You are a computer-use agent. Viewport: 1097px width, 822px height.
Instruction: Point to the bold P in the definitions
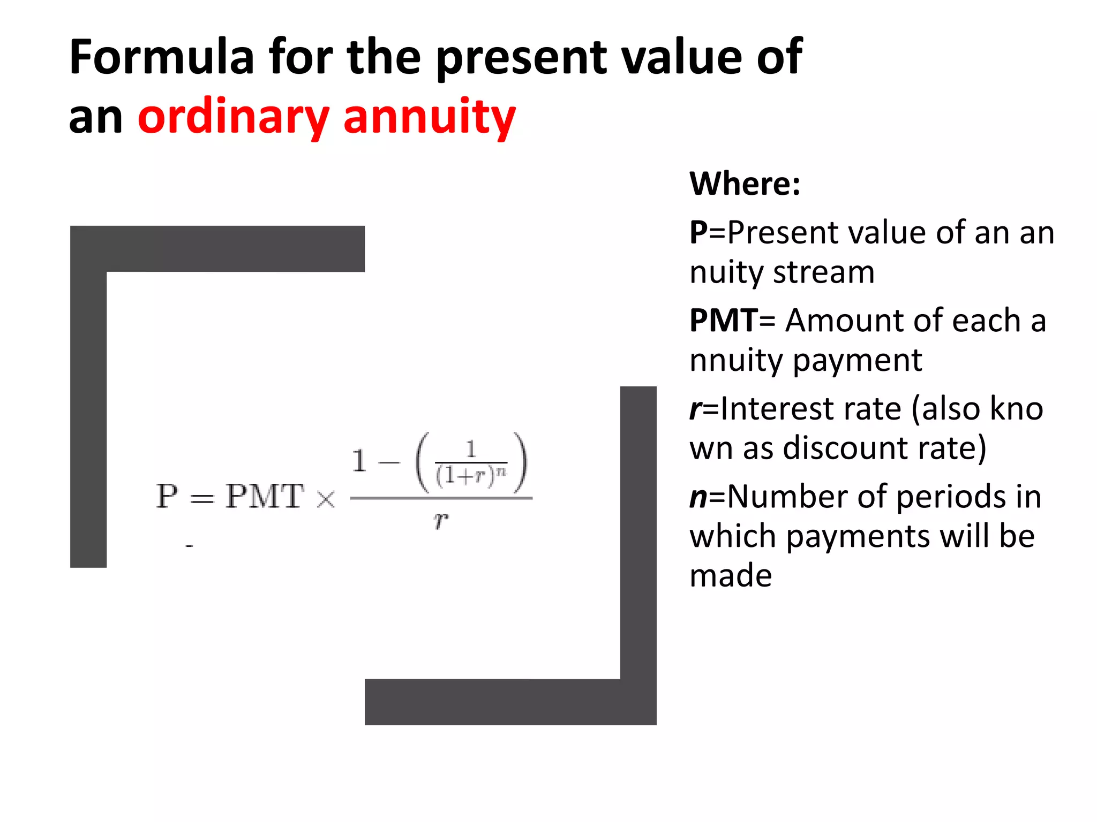tap(698, 233)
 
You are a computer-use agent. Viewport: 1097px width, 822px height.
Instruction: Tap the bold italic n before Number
tap(698, 497)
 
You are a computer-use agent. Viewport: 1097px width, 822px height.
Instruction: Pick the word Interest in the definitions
tap(777, 409)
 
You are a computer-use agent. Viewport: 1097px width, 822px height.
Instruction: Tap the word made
tap(731, 576)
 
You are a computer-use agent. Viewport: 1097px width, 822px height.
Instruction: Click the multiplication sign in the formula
tap(326, 499)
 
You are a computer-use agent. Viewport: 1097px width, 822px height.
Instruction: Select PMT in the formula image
tap(265, 496)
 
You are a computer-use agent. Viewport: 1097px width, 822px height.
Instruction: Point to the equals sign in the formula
tap(202, 499)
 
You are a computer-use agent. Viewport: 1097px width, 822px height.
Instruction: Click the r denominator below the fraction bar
tap(441, 519)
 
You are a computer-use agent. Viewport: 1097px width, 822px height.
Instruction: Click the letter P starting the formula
tap(167, 496)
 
